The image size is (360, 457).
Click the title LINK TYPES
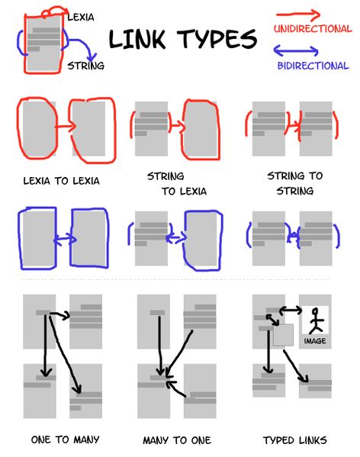tap(183, 39)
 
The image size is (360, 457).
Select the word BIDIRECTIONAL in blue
tap(312, 66)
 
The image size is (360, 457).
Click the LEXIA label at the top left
tap(81, 16)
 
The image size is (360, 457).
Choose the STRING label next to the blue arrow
tap(85, 66)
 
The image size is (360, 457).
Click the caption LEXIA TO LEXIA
tap(61, 182)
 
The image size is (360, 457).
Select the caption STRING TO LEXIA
tap(177, 184)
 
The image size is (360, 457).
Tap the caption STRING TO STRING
tap(294, 183)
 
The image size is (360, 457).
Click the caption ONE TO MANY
tap(65, 439)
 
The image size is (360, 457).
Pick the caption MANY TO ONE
tap(177, 440)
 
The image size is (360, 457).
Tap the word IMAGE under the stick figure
tap(314, 341)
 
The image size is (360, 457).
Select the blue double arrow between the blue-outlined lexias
tap(64, 239)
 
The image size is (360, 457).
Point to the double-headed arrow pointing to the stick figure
tap(291, 310)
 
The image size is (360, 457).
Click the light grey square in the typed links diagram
tap(284, 334)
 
